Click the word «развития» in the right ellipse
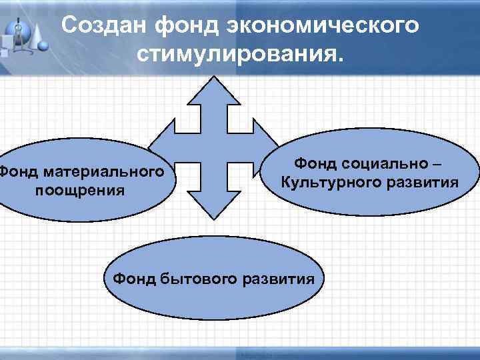421,181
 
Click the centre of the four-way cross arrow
213,148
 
